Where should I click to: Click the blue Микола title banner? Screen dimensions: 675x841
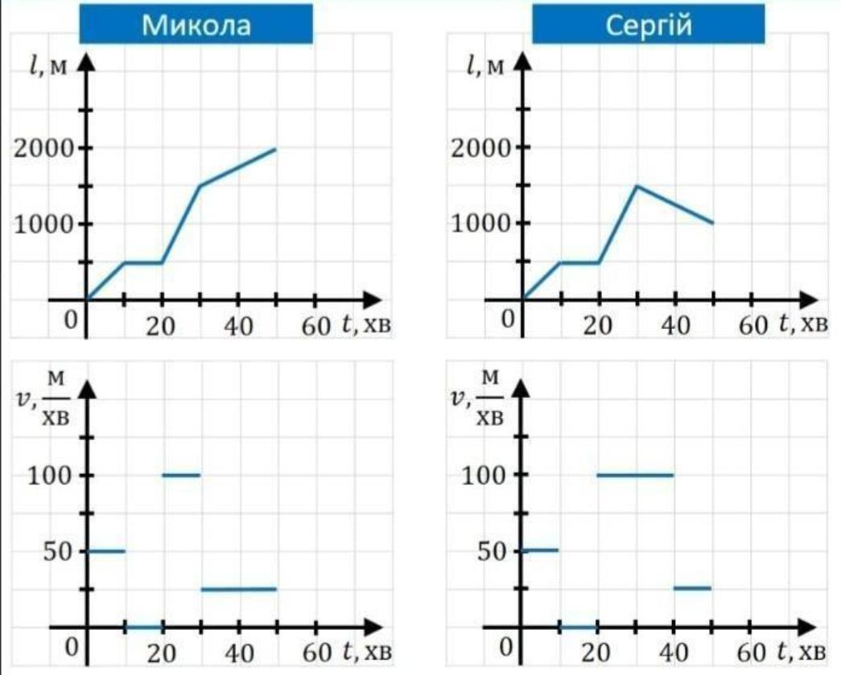point(196,25)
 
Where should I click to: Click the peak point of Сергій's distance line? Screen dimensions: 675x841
point(637,186)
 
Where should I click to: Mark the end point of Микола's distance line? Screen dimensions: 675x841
point(275,149)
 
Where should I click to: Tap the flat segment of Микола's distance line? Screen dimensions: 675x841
point(143,262)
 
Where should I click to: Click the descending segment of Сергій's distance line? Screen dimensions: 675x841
point(674,204)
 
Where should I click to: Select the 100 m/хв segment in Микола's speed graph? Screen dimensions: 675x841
point(181,475)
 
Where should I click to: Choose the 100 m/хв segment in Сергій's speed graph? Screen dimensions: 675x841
point(635,475)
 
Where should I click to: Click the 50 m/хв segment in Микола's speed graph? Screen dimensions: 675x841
point(105,551)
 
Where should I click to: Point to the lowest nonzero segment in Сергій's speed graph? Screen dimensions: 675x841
point(693,588)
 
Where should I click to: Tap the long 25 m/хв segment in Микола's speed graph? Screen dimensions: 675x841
point(238,589)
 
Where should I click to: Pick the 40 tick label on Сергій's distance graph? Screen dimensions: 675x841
point(675,326)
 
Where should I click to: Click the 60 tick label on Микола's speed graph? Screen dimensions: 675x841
point(315,652)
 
